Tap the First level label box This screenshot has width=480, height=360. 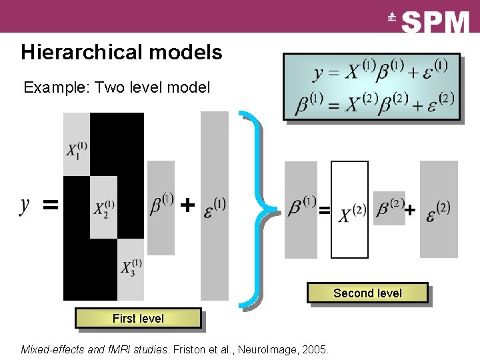pos(138,319)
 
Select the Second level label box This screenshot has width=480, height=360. pos(367,293)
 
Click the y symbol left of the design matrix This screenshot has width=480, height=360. pos(25,205)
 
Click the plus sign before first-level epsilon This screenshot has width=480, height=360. pos(189,205)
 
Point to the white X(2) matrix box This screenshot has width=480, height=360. pos(349,210)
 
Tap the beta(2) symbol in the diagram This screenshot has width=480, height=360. pos(390,207)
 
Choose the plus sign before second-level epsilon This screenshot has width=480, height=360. pos(410,211)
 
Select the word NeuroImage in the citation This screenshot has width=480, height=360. pos(270,349)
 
